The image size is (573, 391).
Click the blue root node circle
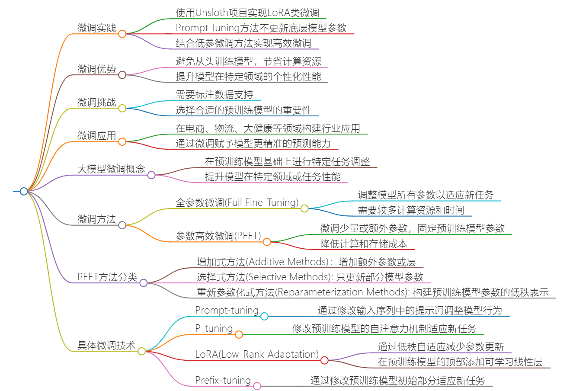tap(24, 191)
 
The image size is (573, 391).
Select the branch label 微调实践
tap(97, 28)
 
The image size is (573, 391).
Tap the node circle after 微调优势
tap(122, 75)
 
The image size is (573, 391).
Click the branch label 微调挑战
tap(97, 103)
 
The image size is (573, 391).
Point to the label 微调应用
tap(97, 136)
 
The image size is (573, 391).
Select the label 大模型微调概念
tap(111, 169)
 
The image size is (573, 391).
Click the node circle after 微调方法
tap(122, 225)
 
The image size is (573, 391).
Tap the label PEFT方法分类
tap(107, 277)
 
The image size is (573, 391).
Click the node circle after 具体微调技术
tap(141, 351)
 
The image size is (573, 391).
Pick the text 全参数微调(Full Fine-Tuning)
tap(237, 202)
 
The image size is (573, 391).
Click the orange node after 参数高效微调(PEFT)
tap(267, 242)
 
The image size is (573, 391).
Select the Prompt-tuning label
tap(227, 310)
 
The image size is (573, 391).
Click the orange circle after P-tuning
tap(239, 334)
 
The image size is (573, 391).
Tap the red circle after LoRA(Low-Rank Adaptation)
tap(324, 360)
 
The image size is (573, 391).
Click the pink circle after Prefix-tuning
tap(257, 386)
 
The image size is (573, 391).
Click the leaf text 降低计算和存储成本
tap(363, 244)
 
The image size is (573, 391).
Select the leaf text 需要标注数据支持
tap(214, 95)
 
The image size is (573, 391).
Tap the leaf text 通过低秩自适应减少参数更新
tap(441, 347)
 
